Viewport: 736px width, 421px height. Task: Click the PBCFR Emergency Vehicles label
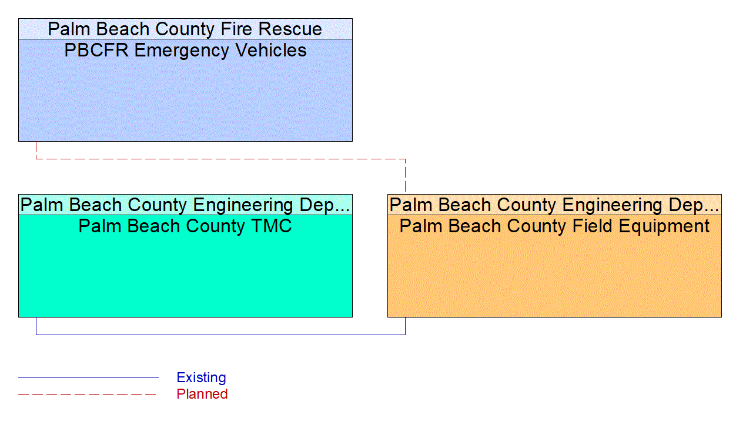[185, 51]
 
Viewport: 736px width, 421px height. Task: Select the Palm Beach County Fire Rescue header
[185, 29]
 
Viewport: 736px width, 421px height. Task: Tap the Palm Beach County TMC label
[185, 226]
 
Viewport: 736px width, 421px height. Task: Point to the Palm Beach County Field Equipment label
[554, 226]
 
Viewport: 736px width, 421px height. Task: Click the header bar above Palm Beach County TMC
[185, 205]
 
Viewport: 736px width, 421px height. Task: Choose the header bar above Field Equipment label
[554, 205]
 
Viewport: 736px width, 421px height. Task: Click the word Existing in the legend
[201, 377]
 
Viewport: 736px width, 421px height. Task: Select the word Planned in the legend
[202, 394]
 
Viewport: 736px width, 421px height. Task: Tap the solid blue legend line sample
[88, 377]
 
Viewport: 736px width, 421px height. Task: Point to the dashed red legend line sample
[88, 394]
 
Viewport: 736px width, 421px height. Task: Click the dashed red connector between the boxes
[220, 159]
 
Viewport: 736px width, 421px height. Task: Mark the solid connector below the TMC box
[220, 335]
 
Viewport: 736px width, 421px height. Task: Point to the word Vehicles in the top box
[271, 51]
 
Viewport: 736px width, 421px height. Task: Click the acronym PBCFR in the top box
[96, 51]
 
